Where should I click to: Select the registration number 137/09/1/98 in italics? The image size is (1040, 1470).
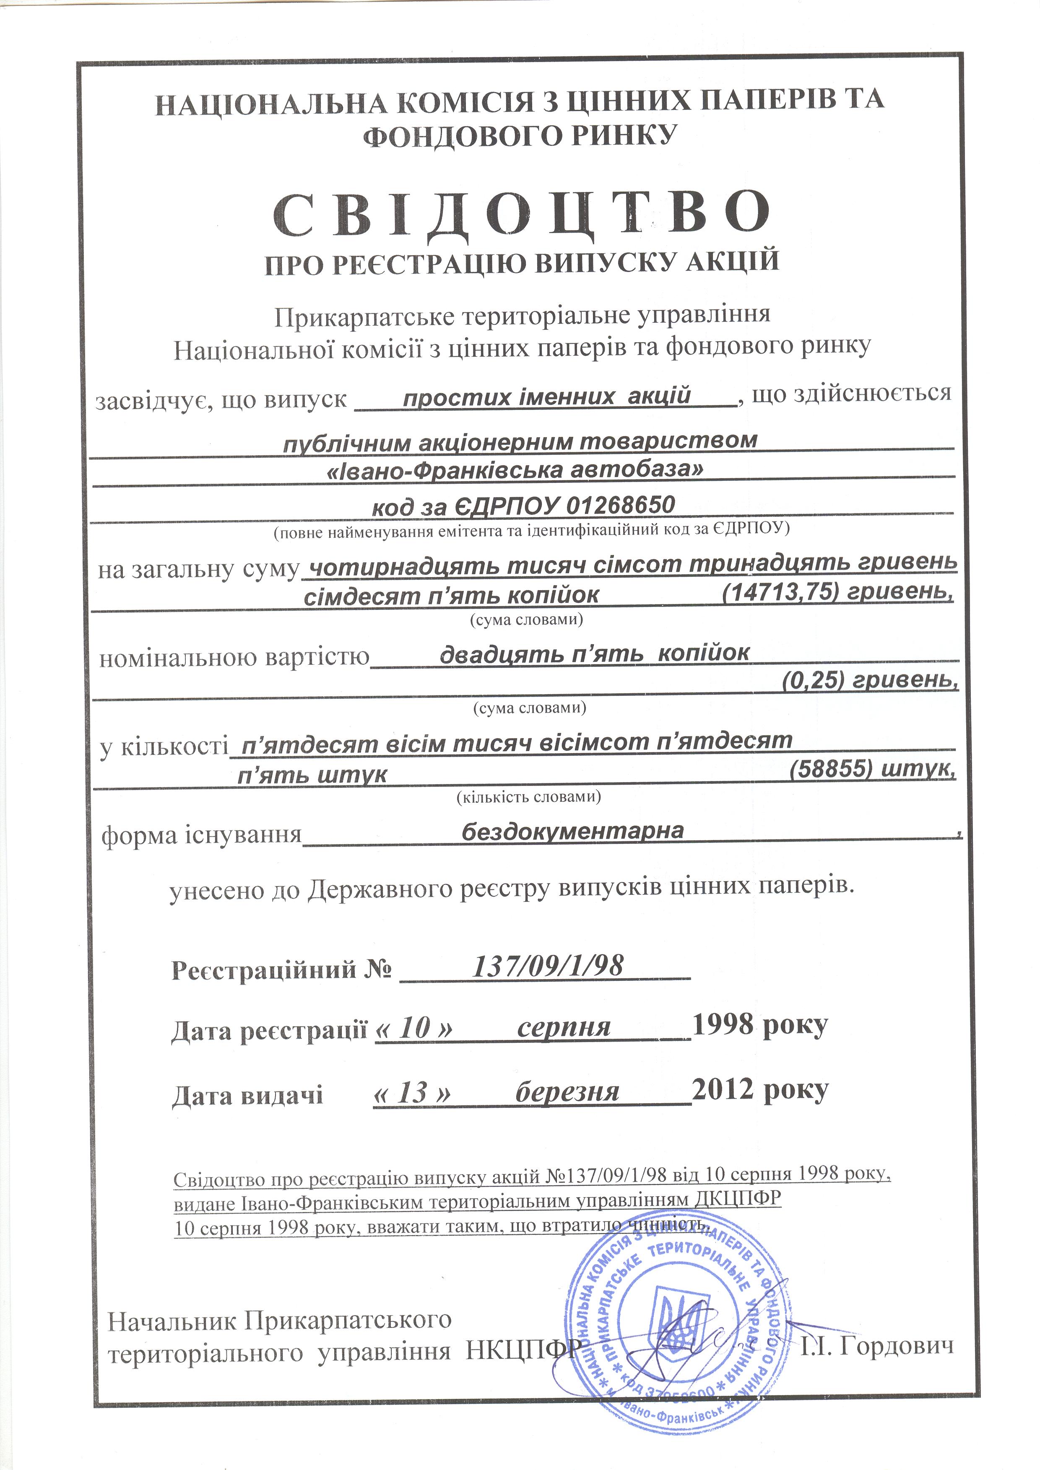(x=548, y=965)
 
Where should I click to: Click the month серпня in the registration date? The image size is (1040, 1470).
(x=564, y=1027)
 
